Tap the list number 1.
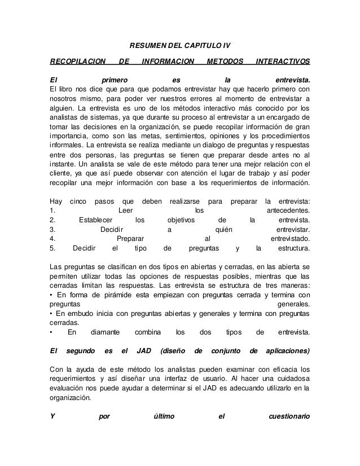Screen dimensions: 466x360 52,210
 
